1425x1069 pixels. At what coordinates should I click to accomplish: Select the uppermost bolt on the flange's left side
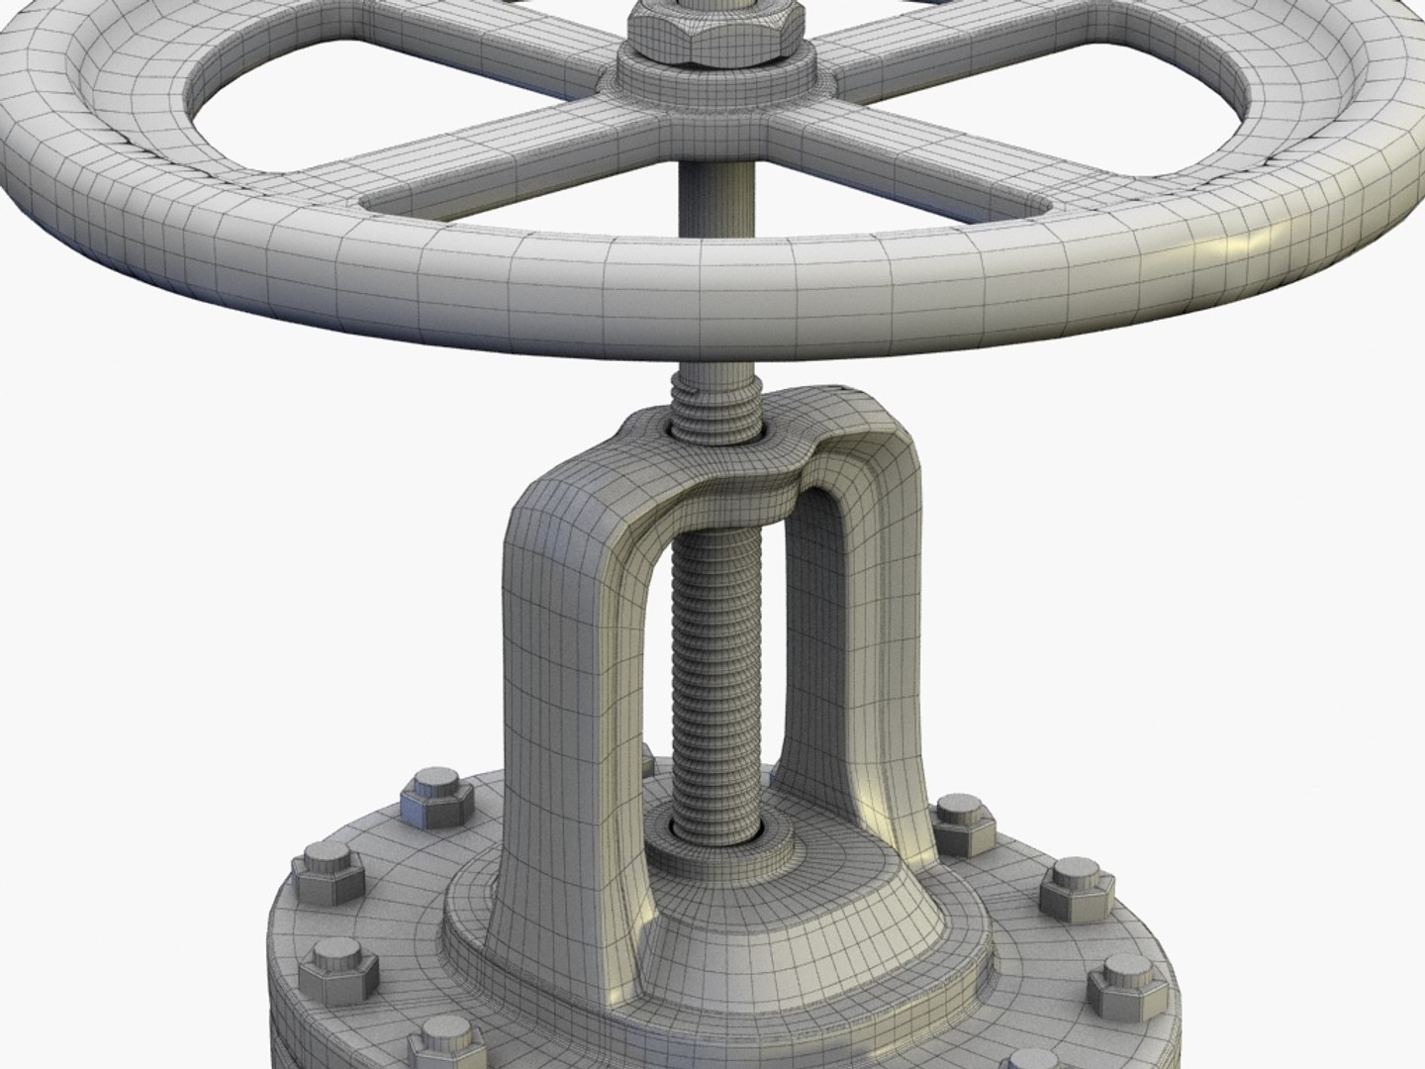click(427, 792)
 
